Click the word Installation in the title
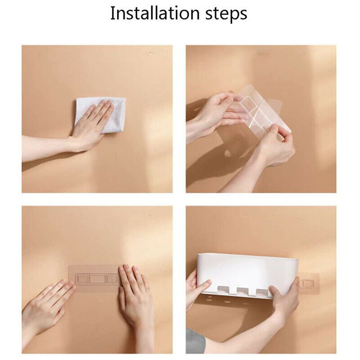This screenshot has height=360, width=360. pos(155,13)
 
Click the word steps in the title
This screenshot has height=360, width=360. pos(226,14)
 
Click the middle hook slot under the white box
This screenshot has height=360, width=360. pos(243,291)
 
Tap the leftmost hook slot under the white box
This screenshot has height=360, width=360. pos(223,290)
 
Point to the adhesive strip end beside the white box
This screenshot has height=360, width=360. pos(309,283)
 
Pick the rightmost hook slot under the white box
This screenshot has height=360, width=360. pos(262,292)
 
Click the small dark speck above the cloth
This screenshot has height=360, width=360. pos(150,53)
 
